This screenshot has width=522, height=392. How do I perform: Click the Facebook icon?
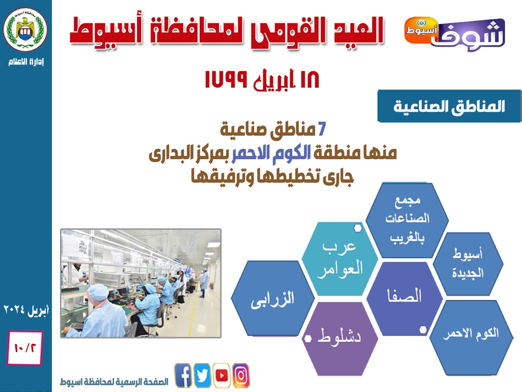[x=183, y=376]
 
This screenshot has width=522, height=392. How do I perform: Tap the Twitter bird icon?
[x=202, y=376]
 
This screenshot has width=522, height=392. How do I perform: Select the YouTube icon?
[x=222, y=376]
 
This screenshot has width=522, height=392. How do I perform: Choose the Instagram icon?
[x=241, y=376]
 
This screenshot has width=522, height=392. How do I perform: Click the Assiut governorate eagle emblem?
[x=25, y=29]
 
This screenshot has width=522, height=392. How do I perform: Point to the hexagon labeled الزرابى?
[x=273, y=298]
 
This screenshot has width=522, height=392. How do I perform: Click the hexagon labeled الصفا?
[x=404, y=299]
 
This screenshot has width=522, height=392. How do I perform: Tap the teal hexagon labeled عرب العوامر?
[x=340, y=259]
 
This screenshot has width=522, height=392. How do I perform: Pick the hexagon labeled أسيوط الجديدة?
[x=468, y=264]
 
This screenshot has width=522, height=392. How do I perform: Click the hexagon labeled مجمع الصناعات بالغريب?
[x=407, y=220]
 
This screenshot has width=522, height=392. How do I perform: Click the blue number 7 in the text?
[x=322, y=129]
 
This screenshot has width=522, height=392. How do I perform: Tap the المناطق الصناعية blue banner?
[x=450, y=106]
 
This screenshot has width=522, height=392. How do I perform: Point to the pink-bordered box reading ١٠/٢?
[x=25, y=348]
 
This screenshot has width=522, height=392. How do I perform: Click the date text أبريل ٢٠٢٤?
[x=26, y=310]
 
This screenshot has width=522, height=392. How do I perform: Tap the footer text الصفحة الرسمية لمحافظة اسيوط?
[x=114, y=382]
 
